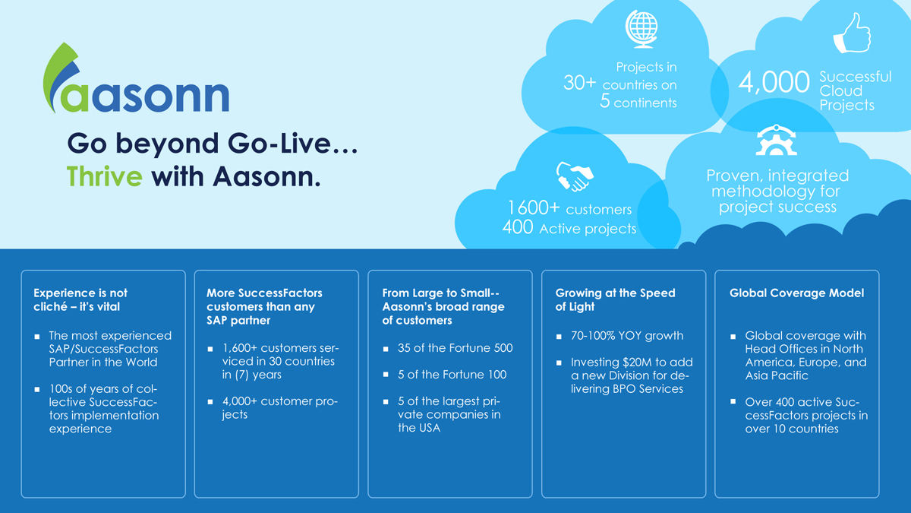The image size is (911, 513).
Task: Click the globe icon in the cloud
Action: coord(641,29)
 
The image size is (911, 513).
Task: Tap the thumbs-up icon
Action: coord(852,33)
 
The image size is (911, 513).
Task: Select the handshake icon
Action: coord(575,176)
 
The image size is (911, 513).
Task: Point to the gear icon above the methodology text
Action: coord(776,141)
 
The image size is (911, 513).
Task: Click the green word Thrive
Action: coord(105,176)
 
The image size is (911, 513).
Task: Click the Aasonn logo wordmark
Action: coord(137,78)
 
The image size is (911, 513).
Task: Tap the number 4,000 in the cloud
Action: coord(774,82)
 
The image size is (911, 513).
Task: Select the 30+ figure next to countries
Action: coord(579,83)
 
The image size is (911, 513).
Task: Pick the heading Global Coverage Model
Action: coord(796,293)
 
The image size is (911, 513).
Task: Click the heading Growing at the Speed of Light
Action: coord(616,299)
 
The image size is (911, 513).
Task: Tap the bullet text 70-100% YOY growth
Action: coord(627,335)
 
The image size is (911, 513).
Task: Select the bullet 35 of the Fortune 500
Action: coord(455,348)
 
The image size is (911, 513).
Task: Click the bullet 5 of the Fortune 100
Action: coord(452,375)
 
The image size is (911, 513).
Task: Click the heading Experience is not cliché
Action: coord(80,299)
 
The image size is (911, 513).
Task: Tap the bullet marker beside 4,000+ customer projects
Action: coord(210,402)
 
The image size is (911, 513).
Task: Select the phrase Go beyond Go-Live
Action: coord(213,144)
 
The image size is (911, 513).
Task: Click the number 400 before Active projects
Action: coord(517,226)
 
